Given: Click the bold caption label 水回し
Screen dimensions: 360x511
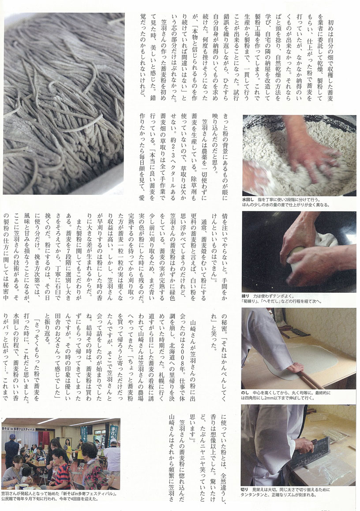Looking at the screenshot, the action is click(x=248, y=200).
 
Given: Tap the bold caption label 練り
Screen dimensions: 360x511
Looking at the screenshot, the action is click(x=246, y=296).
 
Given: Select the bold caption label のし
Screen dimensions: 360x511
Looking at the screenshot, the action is click(x=245, y=393).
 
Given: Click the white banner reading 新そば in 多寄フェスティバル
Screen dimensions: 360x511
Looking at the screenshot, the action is click(x=19, y=429).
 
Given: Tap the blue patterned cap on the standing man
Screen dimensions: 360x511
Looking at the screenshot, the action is click(x=12, y=436).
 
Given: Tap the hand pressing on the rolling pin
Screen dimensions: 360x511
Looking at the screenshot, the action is click(x=296, y=368).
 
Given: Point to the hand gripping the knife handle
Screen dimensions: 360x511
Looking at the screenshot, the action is click(x=304, y=445).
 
